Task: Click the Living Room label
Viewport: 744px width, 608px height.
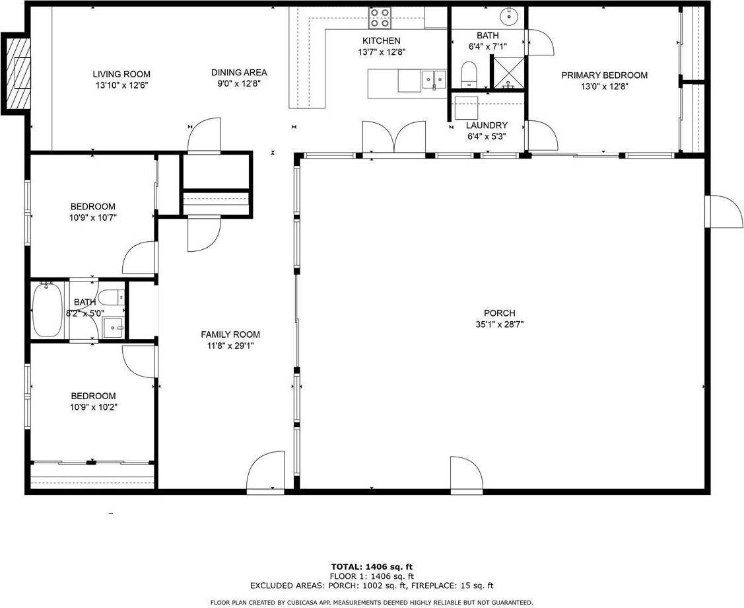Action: coord(121,74)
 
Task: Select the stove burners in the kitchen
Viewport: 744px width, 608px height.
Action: coord(379,17)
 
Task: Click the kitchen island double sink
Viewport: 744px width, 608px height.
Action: coord(434,79)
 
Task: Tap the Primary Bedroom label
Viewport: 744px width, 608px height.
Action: coord(604,75)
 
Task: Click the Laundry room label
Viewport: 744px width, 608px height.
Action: coord(487,126)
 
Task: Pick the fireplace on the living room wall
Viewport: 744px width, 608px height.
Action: coord(17,73)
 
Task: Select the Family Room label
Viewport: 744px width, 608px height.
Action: coord(230,334)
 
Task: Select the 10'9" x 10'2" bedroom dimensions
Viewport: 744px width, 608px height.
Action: coord(94,407)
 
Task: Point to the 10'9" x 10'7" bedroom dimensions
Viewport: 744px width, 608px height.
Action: coord(93,217)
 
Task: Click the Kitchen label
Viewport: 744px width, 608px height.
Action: coord(380,41)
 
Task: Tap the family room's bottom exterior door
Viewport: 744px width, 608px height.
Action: coord(265,473)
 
